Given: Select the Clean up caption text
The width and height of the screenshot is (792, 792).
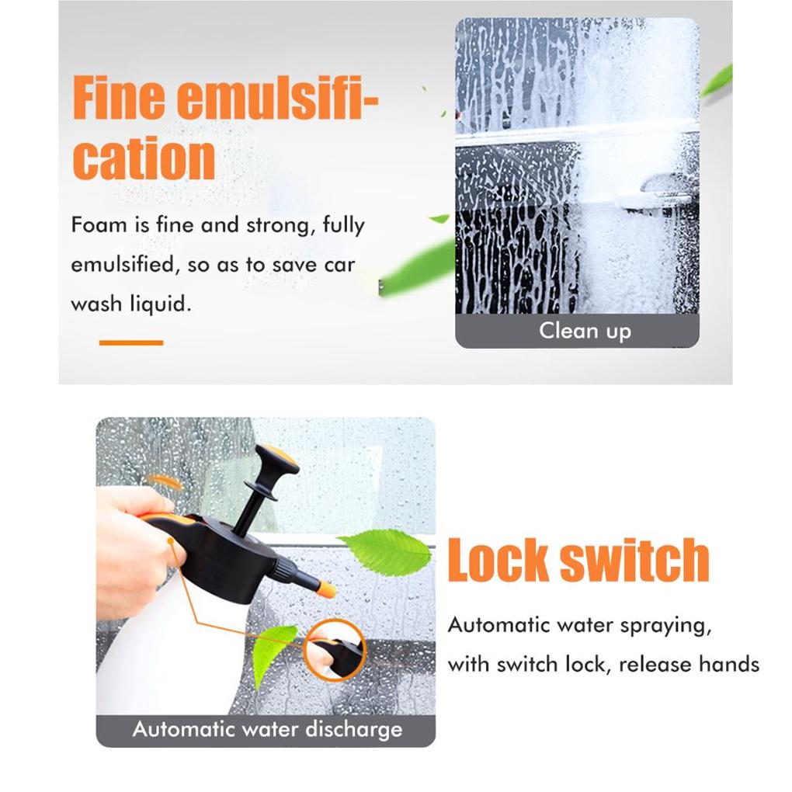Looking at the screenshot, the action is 585,332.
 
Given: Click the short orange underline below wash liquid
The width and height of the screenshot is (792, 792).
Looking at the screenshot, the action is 130,342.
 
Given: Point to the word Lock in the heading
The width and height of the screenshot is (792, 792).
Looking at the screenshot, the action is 498,560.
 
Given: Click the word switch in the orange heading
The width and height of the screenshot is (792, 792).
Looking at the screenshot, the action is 635,560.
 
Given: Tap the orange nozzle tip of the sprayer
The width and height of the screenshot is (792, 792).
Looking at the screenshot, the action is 326,589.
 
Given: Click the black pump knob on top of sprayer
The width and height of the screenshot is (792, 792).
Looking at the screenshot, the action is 276,462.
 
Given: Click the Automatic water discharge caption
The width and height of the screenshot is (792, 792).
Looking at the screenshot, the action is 267,729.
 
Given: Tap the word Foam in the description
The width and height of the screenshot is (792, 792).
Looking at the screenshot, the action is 99,224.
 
